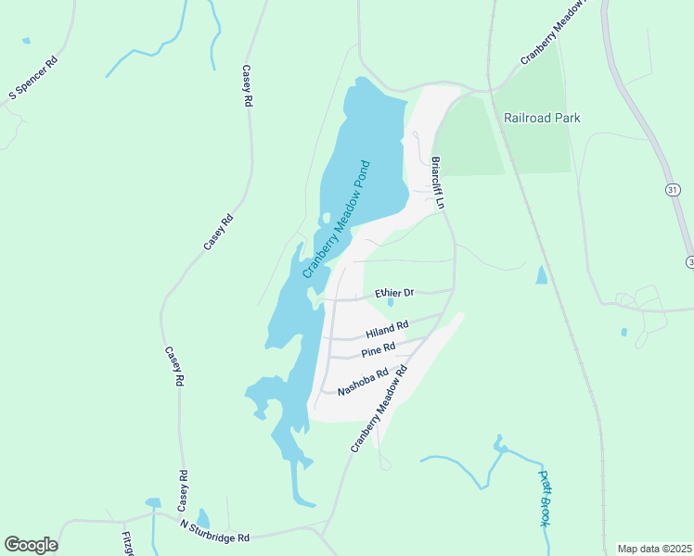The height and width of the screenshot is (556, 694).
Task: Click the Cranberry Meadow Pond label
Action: pyautogui.click(x=337, y=220)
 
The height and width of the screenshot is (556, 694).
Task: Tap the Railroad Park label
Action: pyautogui.click(x=542, y=118)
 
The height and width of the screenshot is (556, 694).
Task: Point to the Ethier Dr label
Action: pyautogui.click(x=393, y=293)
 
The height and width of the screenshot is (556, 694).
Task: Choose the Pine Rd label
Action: pyautogui.click(x=379, y=349)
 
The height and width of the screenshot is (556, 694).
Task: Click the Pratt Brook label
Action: pyautogui.click(x=545, y=499)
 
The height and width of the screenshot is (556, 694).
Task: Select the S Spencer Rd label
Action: pyautogui.click(x=33, y=78)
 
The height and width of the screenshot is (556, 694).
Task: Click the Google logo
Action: pyautogui.click(x=31, y=545)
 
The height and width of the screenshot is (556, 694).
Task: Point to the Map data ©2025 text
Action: pyautogui.click(x=654, y=549)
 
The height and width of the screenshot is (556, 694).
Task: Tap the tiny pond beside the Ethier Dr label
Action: pyautogui.click(x=391, y=302)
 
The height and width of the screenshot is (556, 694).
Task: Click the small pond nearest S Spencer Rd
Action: pyautogui.click(x=25, y=41)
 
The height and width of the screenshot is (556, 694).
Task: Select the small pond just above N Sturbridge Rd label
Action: pyautogui.click(x=203, y=518)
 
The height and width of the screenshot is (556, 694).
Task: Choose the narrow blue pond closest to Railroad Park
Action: pyautogui.click(x=541, y=274)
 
